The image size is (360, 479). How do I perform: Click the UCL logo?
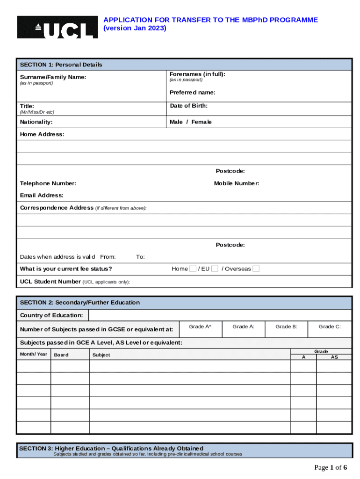tap(58, 27)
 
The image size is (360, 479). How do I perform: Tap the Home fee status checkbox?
tap(193, 269)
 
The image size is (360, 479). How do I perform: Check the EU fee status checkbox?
tap(215, 269)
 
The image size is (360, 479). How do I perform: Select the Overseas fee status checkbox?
tap(256, 269)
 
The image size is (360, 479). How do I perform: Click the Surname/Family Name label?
tap(53, 77)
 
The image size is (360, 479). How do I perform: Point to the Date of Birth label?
tap(188, 106)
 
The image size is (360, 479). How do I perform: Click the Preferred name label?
tap(192, 93)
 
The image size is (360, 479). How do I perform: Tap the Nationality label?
tap(36, 122)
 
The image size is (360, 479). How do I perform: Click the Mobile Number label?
tap(237, 183)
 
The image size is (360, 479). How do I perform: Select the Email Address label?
tap(42, 195)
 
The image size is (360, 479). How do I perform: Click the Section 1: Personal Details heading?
tap(61, 65)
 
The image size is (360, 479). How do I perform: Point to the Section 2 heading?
tap(79, 303)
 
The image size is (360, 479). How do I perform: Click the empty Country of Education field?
tap(220, 315)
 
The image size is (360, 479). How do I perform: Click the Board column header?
tap(61, 355)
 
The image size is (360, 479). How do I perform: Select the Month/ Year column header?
tap(34, 354)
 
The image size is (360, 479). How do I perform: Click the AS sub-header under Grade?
tap(334, 357)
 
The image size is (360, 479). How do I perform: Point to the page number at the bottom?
tap(331, 467)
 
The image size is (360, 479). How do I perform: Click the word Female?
tap(202, 122)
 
